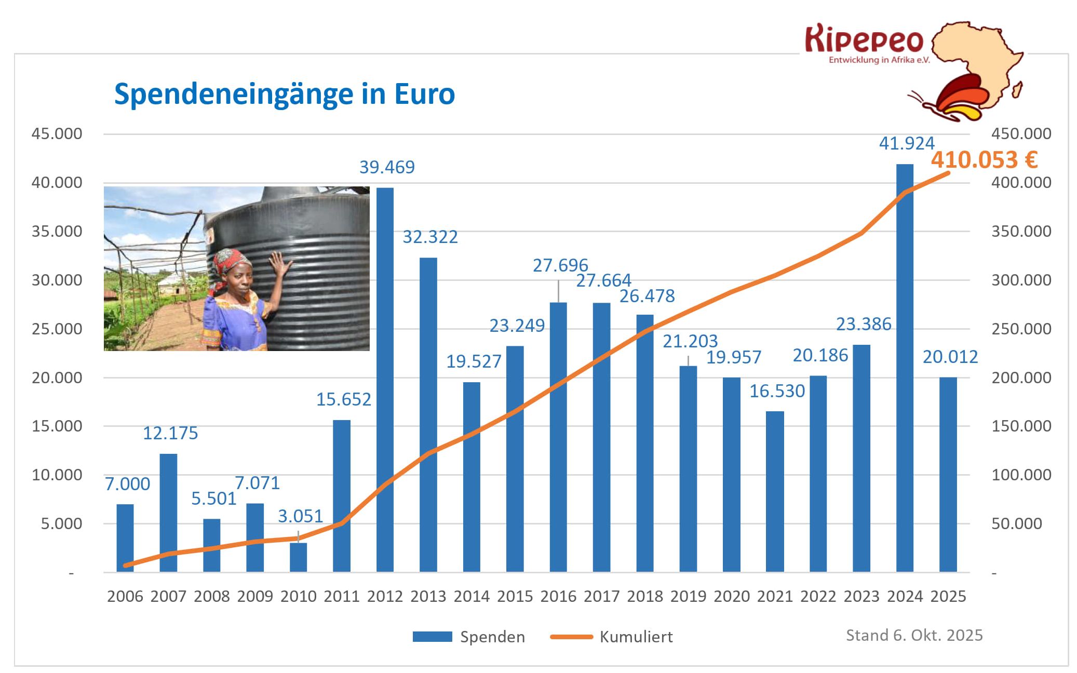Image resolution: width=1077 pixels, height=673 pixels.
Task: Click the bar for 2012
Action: (x=385, y=379)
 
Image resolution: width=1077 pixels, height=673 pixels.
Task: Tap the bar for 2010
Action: (x=299, y=557)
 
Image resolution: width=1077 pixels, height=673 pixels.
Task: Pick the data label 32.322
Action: (x=430, y=237)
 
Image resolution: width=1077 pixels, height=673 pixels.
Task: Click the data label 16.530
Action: (x=777, y=391)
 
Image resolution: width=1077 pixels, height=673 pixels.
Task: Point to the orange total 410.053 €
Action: (x=984, y=160)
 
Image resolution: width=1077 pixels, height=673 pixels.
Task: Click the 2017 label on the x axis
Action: (x=601, y=596)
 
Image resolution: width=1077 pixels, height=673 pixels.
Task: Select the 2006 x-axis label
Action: (x=125, y=596)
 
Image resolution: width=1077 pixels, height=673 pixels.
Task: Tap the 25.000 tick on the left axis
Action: (x=57, y=329)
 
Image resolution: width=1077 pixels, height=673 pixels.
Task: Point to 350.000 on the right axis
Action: (x=1021, y=231)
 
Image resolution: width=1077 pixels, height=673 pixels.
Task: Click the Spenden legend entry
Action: (x=492, y=637)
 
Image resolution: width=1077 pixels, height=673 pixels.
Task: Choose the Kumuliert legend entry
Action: (x=636, y=637)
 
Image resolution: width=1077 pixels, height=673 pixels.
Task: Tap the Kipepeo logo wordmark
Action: (x=865, y=40)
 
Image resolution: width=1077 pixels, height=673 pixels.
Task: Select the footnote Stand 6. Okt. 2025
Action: (x=914, y=635)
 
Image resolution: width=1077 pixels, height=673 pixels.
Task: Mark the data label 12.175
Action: (x=170, y=433)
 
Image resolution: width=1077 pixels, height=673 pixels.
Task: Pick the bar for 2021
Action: (x=775, y=491)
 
